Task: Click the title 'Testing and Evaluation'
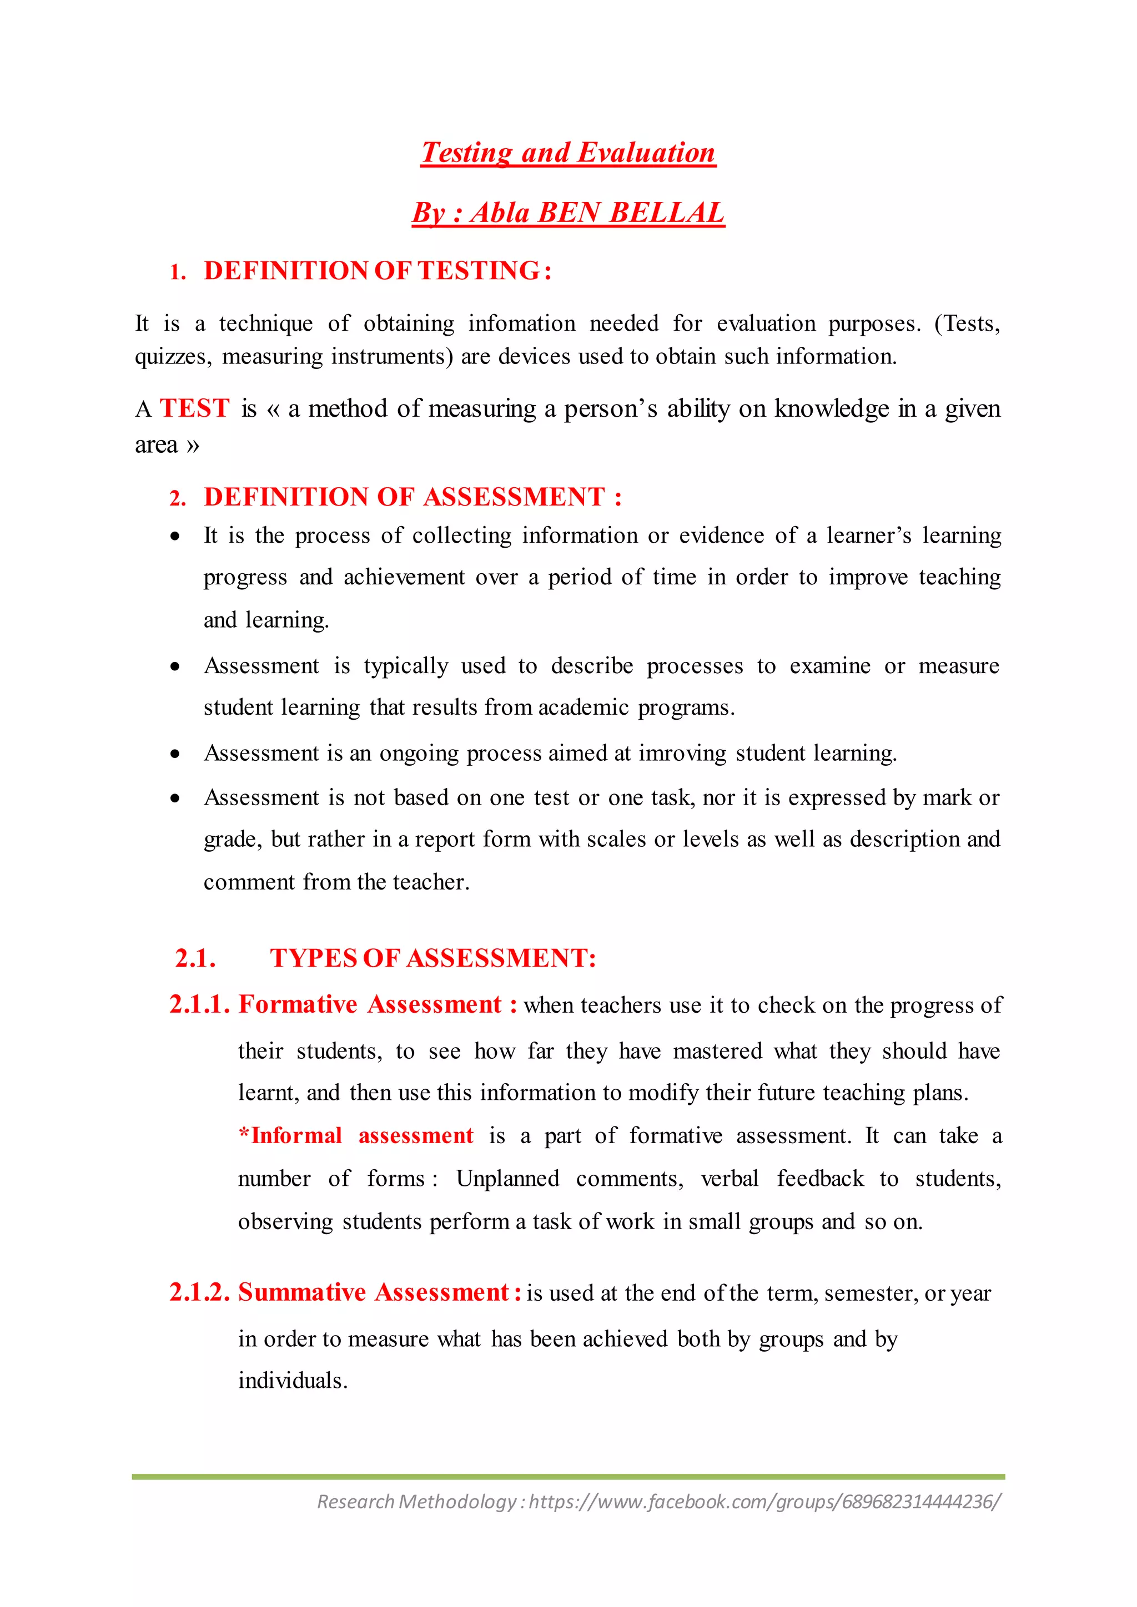click(x=568, y=153)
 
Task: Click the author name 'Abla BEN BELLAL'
click(x=596, y=213)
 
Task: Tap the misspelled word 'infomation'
click(x=522, y=324)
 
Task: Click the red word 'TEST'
click(x=195, y=408)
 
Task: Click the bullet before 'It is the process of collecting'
click(x=175, y=537)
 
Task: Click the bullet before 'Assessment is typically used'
click(x=175, y=667)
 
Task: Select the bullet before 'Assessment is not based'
click(x=175, y=799)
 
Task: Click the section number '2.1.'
click(x=195, y=958)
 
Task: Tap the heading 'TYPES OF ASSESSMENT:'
click(x=432, y=958)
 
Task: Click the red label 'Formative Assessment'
click(x=370, y=1004)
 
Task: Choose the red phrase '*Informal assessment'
click(x=356, y=1135)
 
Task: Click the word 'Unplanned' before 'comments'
click(x=507, y=1179)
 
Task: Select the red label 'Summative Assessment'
click(x=373, y=1292)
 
